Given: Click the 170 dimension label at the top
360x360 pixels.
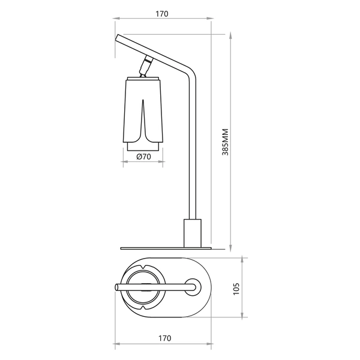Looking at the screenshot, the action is point(162,14).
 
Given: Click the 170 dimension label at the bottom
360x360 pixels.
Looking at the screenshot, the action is point(164,338).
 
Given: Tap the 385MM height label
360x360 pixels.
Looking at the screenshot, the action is point(226,142).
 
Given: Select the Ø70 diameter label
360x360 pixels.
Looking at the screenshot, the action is point(143,157).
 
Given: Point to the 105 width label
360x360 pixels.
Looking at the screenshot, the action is point(236,289).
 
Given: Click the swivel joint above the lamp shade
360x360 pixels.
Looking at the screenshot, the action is point(146,66).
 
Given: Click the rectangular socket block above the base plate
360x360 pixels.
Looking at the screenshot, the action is point(193,233).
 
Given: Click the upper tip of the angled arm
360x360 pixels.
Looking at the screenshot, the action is point(118,37).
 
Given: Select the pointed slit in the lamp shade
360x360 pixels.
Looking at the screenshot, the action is point(143,119).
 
